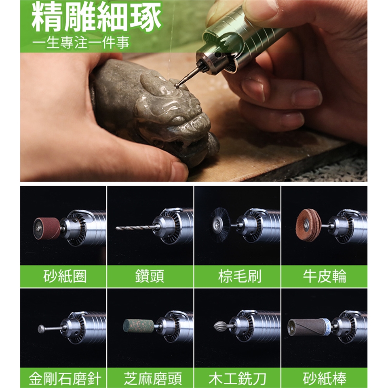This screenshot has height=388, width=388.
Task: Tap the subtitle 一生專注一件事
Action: (81, 42)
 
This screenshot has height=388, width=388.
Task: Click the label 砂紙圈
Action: (65, 276)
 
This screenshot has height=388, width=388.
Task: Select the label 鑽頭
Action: (150, 276)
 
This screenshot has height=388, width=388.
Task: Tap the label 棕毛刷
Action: (240, 276)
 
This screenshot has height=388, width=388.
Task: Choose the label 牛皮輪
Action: (325, 276)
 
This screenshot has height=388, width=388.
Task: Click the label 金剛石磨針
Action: (65, 379)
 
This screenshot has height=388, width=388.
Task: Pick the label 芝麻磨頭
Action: (153, 379)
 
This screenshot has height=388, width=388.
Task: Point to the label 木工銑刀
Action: (238, 379)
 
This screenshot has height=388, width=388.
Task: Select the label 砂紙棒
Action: (325, 379)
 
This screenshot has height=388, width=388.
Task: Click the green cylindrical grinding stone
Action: (138, 326)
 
